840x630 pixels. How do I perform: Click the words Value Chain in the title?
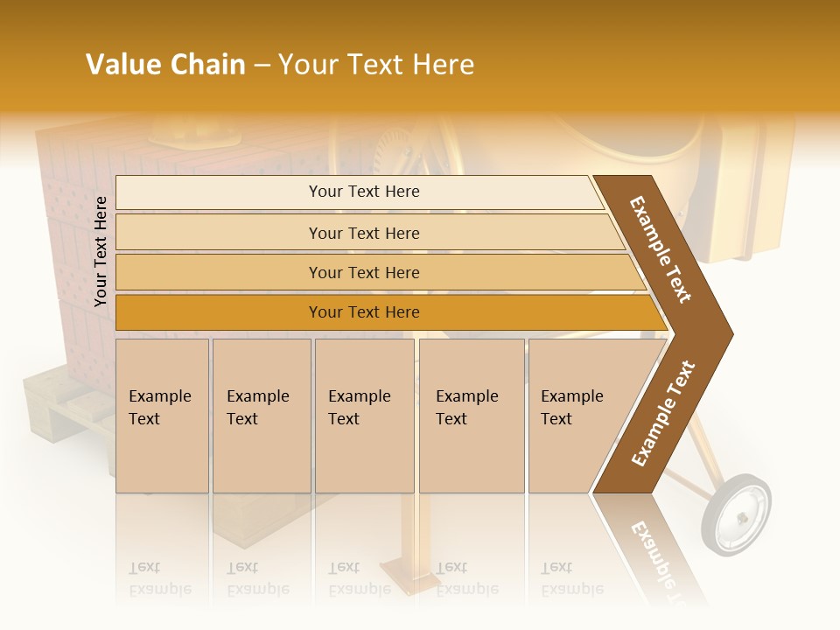click(165, 65)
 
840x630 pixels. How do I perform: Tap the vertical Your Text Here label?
click(101, 251)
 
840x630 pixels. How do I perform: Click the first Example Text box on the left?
click(162, 416)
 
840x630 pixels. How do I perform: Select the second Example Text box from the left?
click(262, 416)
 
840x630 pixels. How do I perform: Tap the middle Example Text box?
click(364, 416)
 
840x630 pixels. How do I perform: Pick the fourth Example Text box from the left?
click(471, 416)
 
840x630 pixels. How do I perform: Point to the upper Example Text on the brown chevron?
click(661, 249)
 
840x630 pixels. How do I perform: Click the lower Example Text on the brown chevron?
click(663, 414)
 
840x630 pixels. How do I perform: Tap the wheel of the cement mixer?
click(737, 515)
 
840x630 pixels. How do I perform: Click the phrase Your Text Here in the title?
click(376, 65)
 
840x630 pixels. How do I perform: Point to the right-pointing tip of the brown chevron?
click(728, 333)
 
